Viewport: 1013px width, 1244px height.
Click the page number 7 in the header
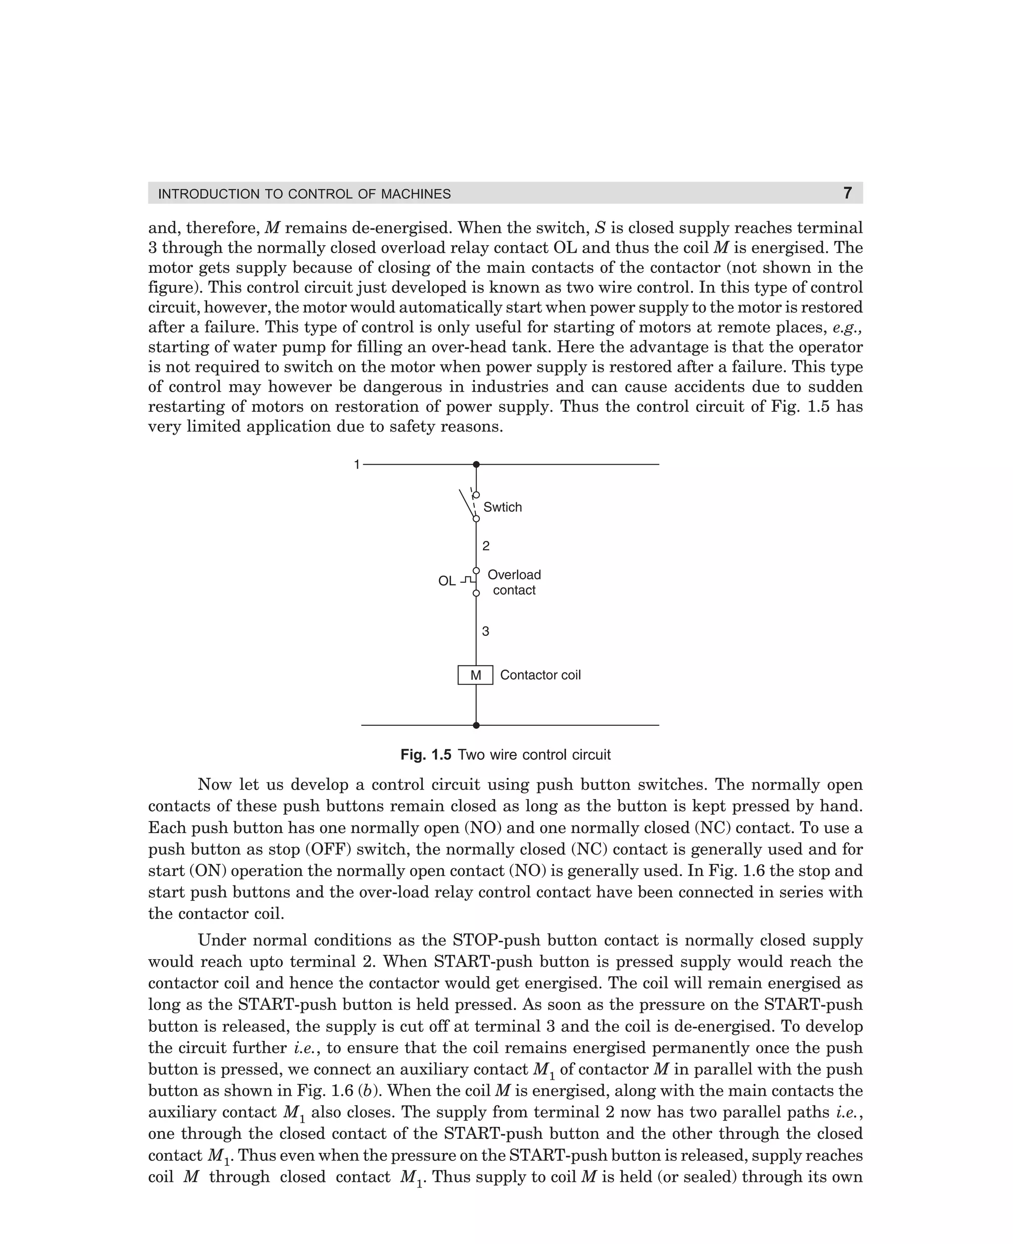[x=847, y=193]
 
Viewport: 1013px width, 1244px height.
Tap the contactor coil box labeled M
[x=475, y=675]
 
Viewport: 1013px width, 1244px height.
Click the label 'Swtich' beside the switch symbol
[x=503, y=507]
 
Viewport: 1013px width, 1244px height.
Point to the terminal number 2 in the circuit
[x=486, y=546]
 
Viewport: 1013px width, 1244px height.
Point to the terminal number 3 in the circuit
[x=486, y=631]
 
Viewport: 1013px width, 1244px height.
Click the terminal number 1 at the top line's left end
[x=357, y=465]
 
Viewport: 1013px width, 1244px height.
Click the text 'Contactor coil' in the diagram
[x=540, y=675]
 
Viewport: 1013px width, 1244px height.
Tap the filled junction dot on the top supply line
[x=476, y=465]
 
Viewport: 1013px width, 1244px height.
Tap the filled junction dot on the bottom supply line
[x=476, y=725]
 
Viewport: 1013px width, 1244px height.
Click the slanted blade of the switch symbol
[x=466, y=504]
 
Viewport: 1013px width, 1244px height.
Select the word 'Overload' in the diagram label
[x=514, y=575]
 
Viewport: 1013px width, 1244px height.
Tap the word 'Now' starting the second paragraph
[x=214, y=785]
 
